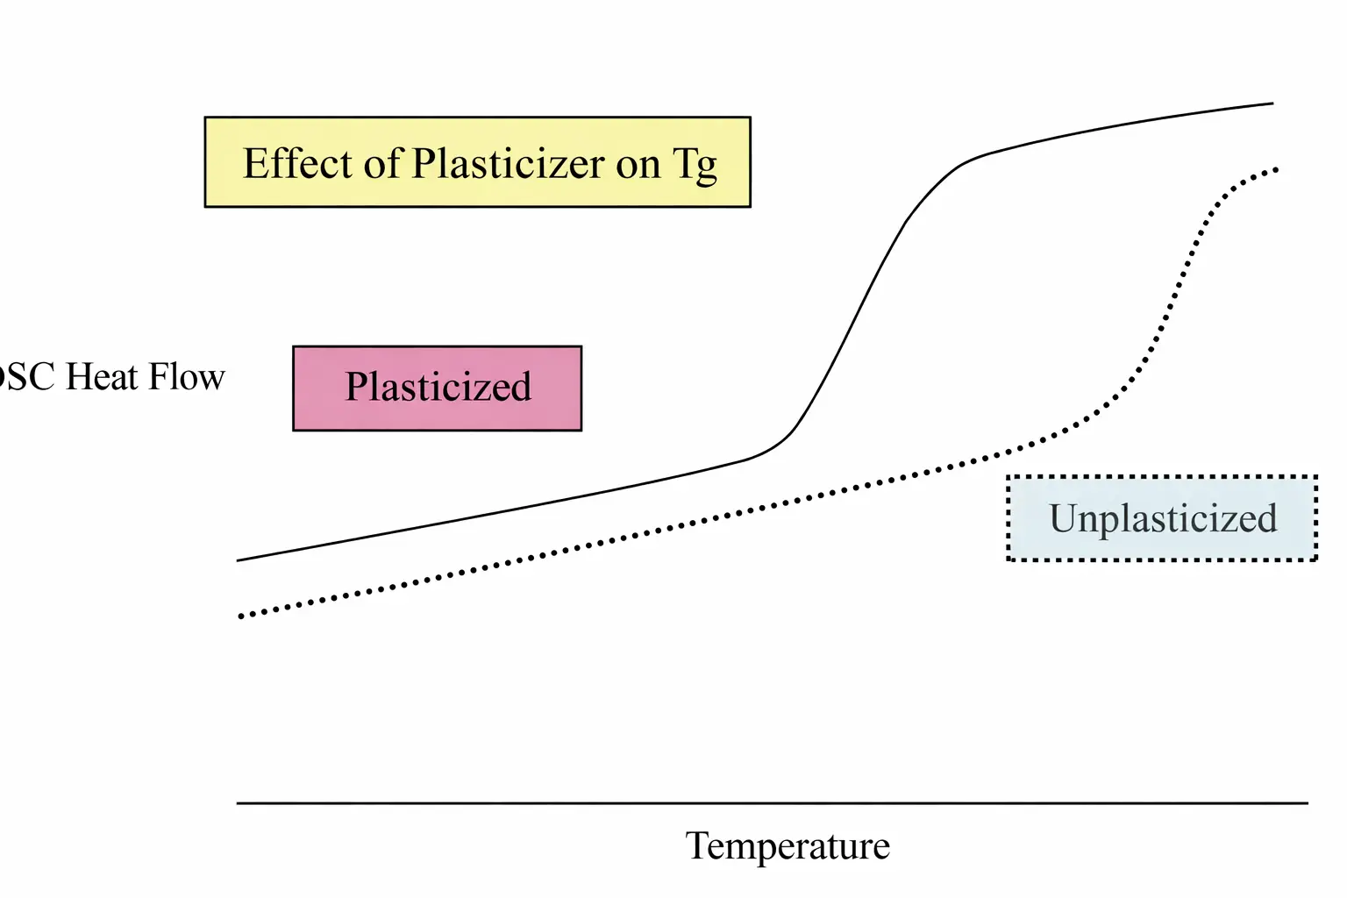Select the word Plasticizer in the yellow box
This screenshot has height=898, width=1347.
click(509, 163)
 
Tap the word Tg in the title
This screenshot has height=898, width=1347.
click(695, 165)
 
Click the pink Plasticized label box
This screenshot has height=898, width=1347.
click(437, 388)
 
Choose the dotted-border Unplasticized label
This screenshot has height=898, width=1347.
click(1162, 518)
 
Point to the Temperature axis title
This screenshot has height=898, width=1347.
click(788, 846)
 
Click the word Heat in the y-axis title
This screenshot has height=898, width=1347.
click(102, 377)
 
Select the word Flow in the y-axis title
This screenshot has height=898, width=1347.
click(186, 377)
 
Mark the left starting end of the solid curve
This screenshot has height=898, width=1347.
click(239, 559)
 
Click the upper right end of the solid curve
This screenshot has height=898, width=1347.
click(1272, 103)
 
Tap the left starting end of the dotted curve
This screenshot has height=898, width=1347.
click(240, 616)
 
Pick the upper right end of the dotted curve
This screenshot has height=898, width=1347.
click(1276, 168)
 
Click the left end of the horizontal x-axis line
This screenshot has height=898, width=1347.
click(239, 802)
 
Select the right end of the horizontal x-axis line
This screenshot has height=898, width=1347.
click(1307, 802)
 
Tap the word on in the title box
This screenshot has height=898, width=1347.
click(638, 165)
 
